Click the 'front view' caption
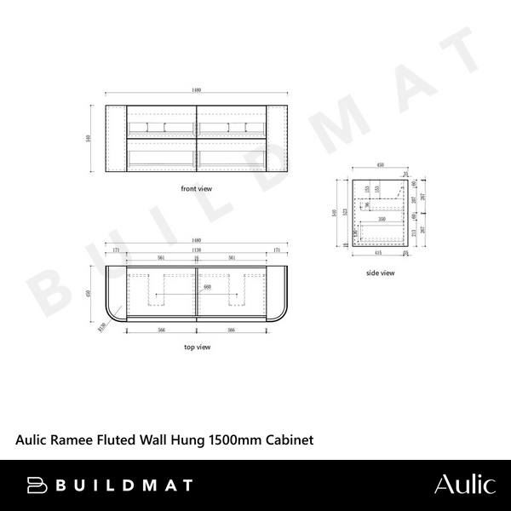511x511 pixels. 197,188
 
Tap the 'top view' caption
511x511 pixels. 197,347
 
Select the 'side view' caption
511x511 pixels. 380,273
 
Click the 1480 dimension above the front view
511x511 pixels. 197,89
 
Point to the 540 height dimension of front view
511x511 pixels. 89,138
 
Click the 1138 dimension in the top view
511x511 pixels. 197,252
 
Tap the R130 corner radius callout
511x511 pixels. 101,324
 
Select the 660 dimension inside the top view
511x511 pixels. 206,287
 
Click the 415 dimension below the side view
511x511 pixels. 377,253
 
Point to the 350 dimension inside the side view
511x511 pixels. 382,219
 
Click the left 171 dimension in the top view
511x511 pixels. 115,252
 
